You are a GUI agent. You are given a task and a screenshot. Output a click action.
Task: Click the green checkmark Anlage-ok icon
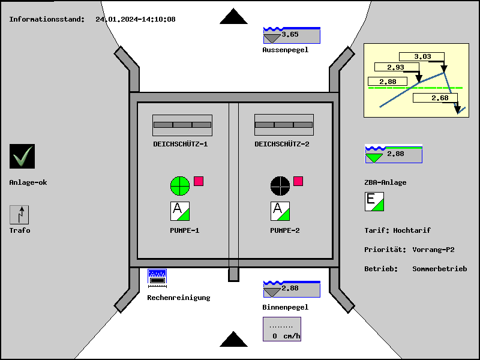tap(22, 156)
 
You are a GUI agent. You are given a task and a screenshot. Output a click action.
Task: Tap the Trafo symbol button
tap(19, 215)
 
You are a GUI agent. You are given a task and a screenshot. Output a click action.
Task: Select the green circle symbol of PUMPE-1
tap(180, 185)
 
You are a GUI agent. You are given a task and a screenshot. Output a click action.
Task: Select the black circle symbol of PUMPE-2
tap(280, 185)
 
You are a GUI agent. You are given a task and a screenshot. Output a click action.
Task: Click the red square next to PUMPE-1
tap(199, 181)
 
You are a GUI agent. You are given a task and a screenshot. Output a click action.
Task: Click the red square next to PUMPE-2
tap(298, 181)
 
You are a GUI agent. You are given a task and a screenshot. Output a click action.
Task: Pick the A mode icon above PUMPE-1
tap(180, 211)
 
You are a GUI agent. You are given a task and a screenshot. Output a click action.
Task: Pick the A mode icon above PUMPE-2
tap(280, 211)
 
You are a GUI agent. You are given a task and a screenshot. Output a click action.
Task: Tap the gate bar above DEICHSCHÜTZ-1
tap(182, 125)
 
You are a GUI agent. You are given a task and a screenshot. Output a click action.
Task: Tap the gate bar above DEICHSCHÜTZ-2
tap(284, 125)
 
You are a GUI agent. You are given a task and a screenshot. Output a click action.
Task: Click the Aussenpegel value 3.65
tap(291, 35)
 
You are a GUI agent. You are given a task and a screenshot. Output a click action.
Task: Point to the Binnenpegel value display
tap(291, 289)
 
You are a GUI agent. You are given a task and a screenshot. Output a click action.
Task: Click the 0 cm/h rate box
tap(282, 329)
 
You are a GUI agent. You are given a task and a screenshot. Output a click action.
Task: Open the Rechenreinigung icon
tap(157, 277)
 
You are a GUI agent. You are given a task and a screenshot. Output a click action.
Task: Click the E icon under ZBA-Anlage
tap(374, 202)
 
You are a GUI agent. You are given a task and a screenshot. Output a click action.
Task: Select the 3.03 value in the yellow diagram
tap(423, 57)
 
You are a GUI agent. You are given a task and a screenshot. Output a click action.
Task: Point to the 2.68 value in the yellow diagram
tap(440, 98)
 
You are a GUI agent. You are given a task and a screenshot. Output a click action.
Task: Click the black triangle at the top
tap(233, 17)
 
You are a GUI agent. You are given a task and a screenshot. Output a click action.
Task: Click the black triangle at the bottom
tap(233, 340)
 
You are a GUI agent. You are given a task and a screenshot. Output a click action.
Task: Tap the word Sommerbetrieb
tap(439, 269)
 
